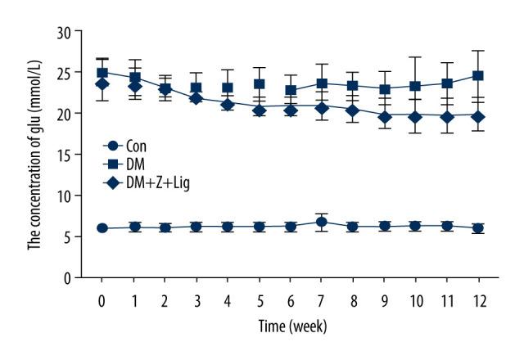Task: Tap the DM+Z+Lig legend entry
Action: pos(143,180)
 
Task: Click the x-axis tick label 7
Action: pos(322,300)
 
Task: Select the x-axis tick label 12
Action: pos(479,300)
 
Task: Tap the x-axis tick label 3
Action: pos(196,300)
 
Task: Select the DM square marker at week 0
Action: pos(102,73)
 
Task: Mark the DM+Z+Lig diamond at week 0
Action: pos(102,83)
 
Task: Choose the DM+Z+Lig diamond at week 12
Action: pos(479,116)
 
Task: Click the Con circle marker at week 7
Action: pos(322,222)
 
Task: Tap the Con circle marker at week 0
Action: pos(102,227)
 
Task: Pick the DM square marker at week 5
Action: pos(260,83)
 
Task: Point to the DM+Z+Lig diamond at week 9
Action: pos(385,117)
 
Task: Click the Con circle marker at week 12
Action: pos(479,228)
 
